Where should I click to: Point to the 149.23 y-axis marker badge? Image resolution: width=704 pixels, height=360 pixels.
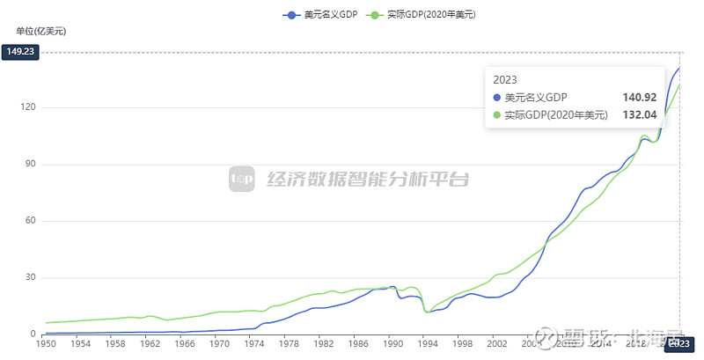(x=21, y=52)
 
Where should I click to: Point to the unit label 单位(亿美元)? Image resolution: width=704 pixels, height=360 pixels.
(x=40, y=32)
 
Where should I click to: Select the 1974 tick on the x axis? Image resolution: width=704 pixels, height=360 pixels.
(x=253, y=345)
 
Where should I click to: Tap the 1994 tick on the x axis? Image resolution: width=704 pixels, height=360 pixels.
(x=428, y=345)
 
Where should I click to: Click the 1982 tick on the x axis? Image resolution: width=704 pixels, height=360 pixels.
(x=323, y=345)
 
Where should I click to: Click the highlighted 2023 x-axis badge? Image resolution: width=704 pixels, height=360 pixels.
(x=678, y=345)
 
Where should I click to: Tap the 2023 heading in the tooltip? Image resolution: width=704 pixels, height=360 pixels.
(x=505, y=79)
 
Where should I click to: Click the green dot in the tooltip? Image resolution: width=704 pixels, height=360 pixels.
(x=497, y=114)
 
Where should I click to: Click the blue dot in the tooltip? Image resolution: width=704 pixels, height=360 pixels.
(x=497, y=97)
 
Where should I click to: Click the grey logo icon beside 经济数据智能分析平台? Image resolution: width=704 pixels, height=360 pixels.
(x=242, y=179)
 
